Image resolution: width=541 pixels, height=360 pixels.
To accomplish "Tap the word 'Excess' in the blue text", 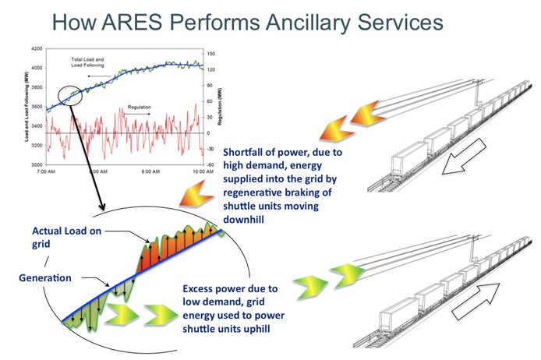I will [201, 287].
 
